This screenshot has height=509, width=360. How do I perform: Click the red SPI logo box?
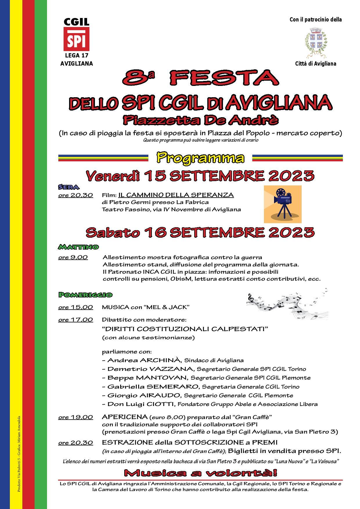point(76,39)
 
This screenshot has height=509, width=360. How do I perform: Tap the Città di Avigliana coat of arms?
point(316,43)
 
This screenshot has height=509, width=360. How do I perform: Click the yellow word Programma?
point(200,158)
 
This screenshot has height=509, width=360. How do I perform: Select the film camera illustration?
point(282,204)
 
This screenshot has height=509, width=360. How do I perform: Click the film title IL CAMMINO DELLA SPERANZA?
point(176,195)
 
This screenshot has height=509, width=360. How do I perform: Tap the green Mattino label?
point(78,247)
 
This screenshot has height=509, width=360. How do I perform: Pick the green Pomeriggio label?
point(85,295)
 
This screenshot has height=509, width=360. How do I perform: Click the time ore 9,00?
point(73,257)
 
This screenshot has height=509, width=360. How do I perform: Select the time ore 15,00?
point(75,307)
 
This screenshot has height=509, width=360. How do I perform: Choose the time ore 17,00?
point(75,320)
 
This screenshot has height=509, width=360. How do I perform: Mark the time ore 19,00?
point(75,417)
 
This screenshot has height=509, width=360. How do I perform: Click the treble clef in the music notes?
point(250,298)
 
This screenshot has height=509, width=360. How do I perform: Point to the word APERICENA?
point(125,417)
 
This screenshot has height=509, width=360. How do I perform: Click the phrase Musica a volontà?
point(200,473)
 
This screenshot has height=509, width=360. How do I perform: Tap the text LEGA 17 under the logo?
point(76,55)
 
